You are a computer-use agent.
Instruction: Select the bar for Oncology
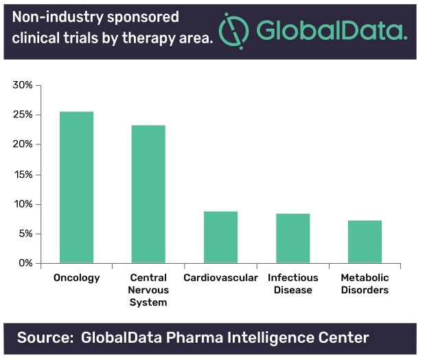click(76, 188)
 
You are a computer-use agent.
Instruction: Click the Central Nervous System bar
click(148, 194)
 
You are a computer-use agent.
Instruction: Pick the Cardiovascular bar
click(220, 238)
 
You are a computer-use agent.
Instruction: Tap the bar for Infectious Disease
click(292, 238)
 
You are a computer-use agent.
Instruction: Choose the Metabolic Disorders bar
click(365, 242)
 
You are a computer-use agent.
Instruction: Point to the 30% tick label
click(23, 85)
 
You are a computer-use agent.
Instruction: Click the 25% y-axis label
click(23, 115)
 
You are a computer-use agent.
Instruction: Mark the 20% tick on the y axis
click(23, 144)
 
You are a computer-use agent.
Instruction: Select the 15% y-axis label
click(23, 175)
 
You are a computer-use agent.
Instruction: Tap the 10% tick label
click(23, 204)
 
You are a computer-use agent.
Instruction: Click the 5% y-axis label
click(25, 234)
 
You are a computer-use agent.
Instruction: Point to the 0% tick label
click(25, 263)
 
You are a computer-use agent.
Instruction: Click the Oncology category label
click(76, 278)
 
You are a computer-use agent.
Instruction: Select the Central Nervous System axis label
click(148, 290)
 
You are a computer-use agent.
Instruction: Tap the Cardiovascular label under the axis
click(220, 278)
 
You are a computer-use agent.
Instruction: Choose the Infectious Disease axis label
click(292, 284)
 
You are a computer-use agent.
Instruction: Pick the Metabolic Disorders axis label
click(365, 284)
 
